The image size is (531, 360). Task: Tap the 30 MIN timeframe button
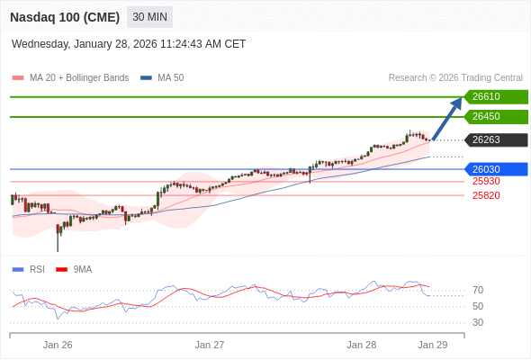[x=149, y=17]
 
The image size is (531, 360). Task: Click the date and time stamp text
[x=129, y=44]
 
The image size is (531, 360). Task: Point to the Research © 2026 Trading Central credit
[x=455, y=78]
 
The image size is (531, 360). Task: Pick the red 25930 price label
[x=486, y=181]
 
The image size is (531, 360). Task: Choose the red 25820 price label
[x=486, y=195]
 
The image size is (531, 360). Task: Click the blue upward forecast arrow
[x=448, y=118]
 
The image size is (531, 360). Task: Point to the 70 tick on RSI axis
[x=478, y=290]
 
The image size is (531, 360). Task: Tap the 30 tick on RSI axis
[x=478, y=322]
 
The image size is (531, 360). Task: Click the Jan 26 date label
[x=58, y=345]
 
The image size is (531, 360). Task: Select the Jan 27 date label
[x=210, y=345]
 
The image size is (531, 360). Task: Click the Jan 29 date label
[x=433, y=345]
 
